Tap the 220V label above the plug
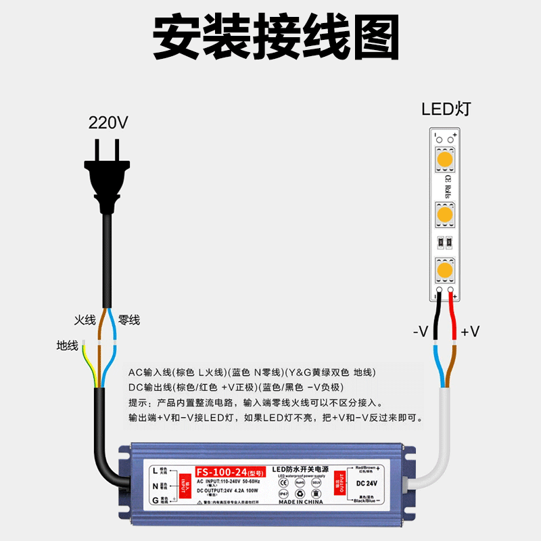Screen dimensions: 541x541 pyautogui.click(x=108, y=123)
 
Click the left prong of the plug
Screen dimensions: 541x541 pyautogui.click(x=98, y=152)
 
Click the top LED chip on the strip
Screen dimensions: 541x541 pyautogui.click(x=444, y=160)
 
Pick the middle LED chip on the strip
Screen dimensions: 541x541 pyautogui.click(x=444, y=215)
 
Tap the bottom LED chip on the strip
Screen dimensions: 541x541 pyautogui.click(x=444, y=270)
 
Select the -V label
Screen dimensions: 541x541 pyautogui.click(x=421, y=332)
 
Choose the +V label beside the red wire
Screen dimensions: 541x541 pyautogui.click(x=470, y=332)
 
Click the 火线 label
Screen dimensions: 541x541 pyautogui.click(x=85, y=320)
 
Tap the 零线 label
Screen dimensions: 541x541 pyautogui.click(x=128, y=320)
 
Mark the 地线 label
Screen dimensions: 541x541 pyautogui.click(x=68, y=346)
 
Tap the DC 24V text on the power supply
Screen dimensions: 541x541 pyautogui.click(x=364, y=483)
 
